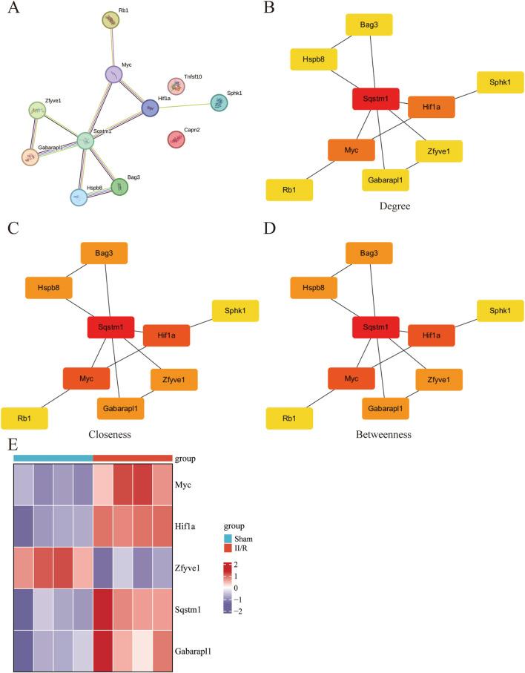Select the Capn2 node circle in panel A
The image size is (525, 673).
coord(176,139)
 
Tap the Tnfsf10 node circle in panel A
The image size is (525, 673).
coord(176,87)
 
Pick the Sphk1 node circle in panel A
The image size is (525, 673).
coord(218,103)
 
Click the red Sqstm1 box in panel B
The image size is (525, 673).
coord(376,99)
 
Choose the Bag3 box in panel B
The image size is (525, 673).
coord(369,24)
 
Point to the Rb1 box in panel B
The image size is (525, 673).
coord(289,189)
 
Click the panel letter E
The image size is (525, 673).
coord(9,445)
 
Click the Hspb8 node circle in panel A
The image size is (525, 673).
coord(79,197)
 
